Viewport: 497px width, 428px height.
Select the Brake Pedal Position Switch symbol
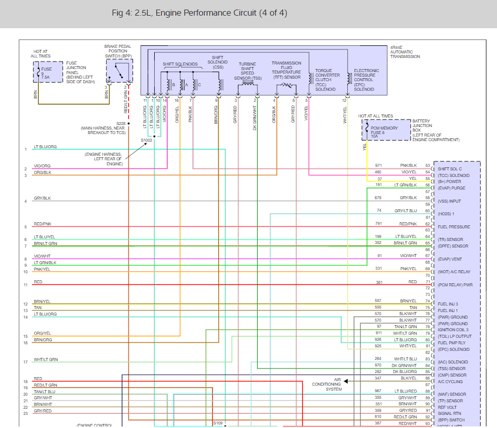[119, 71]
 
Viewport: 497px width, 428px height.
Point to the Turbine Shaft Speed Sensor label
[247, 71]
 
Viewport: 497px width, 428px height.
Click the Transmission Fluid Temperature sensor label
[286, 70]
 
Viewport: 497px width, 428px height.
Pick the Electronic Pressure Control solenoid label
[366, 80]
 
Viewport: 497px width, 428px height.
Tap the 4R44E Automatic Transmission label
[405, 52]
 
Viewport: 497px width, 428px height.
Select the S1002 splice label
[146, 140]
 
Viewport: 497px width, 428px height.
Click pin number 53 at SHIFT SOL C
[427, 165]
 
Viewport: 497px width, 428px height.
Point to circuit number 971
[379, 165]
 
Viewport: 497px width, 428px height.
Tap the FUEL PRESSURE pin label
[454, 227]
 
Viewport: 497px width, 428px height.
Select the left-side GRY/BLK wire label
[42, 199]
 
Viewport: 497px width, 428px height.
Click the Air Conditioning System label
[327, 384]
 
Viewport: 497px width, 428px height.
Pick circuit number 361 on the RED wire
[379, 282]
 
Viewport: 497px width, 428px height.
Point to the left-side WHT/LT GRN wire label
[45, 359]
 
